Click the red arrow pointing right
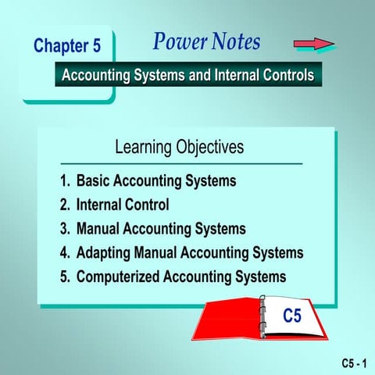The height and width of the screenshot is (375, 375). pos(313,44)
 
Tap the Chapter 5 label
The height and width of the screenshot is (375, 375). pos(67,46)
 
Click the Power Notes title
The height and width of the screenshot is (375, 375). pos(206,42)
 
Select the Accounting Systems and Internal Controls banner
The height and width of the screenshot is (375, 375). pos(187,76)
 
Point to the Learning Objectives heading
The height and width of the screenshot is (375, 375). pos(179,147)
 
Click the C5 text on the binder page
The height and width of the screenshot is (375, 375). pos(291,316)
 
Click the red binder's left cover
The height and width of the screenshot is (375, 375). pos(227,324)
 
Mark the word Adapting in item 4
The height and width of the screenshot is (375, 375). pos(105,253)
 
